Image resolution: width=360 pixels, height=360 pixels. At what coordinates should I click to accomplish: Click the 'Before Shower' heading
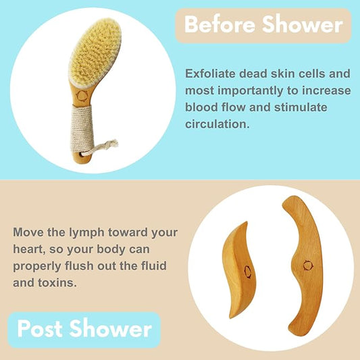[x=263, y=25]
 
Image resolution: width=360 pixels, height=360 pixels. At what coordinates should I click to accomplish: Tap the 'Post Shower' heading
[x=84, y=329]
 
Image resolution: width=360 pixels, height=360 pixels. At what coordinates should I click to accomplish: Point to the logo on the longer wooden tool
[x=308, y=264]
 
